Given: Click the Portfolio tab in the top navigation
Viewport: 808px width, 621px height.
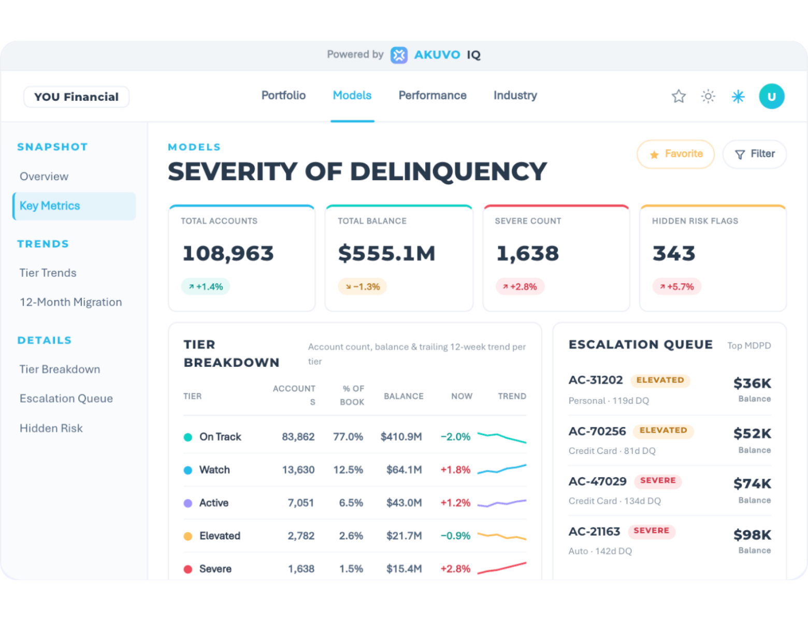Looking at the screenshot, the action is (283, 95).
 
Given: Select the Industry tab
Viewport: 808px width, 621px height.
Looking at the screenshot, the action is (515, 95).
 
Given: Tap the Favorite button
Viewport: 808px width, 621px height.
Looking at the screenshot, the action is (675, 154).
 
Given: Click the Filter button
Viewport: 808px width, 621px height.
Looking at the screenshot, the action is (755, 154).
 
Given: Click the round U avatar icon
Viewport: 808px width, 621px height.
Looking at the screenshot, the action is (772, 96).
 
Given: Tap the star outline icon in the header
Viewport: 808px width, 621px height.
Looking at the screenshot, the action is (679, 96).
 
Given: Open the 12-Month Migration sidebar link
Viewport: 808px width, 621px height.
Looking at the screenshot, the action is (70, 302).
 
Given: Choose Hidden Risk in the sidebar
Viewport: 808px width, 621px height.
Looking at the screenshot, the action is (51, 428).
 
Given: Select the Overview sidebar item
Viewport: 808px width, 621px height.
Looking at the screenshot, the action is (44, 176).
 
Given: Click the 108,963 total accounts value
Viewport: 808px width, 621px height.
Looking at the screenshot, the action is (228, 253).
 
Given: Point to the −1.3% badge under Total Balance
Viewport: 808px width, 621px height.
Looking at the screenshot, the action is (362, 286).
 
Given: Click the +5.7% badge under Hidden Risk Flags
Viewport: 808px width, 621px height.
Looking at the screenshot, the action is (677, 286).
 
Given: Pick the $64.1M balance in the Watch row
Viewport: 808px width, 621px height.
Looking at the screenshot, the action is (404, 470).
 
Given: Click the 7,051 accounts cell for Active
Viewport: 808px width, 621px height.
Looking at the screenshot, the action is (301, 503).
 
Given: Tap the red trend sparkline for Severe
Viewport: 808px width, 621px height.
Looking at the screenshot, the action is (502, 568).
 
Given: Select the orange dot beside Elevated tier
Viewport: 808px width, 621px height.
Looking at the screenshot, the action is (188, 536).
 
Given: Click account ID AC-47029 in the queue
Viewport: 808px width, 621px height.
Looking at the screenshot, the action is (598, 481).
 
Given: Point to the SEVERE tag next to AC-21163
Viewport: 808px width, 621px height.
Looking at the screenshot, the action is (652, 531).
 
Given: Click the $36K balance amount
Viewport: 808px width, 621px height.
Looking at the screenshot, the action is (752, 383).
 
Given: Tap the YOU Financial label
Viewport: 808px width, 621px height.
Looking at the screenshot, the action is (77, 97).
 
